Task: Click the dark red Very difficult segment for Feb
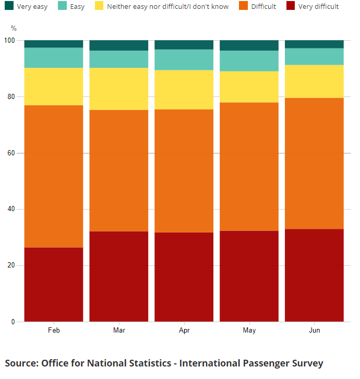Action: pos(54,284)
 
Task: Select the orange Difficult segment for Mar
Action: pos(119,170)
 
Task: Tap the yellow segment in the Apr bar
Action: pos(184,90)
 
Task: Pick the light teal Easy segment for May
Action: pos(249,60)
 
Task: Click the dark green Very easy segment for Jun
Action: pos(314,44)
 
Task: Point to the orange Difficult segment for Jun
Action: pos(314,163)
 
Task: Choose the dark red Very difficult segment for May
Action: pos(249,276)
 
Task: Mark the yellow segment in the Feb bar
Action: pos(54,87)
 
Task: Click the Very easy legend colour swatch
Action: pos(9,6)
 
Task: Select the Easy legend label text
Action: pos(77,7)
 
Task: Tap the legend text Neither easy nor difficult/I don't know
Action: pos(167,7)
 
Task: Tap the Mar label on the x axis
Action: pos(119,331)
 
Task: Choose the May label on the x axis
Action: pos(249,331)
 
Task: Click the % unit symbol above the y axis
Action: pos(14,28)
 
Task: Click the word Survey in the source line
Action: pos(305,363)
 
